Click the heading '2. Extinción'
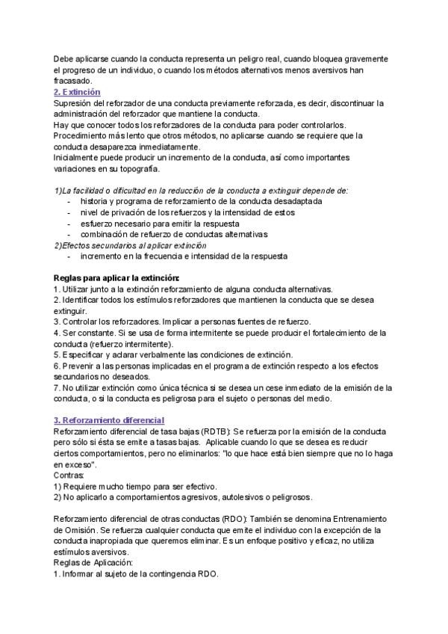click(77, 91)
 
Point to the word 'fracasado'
click(73, 81)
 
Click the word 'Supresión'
click(74, 102)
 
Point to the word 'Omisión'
click(77, 529)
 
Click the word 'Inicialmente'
click(79, 158)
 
